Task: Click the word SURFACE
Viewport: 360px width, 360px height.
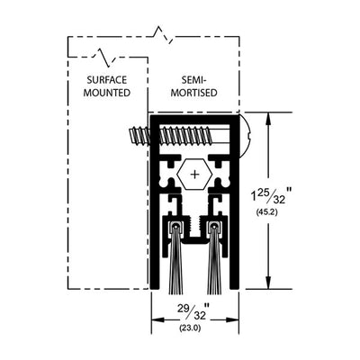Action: pyautogui.click(x=107, y=80)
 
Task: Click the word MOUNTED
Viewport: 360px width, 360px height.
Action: pyautogui.click(x=107, y=93)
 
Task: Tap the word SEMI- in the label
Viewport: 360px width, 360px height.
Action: pyautogui.click(x=193, y=80)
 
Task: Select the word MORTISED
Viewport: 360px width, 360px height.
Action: pyautogui.click(x=193, y=93)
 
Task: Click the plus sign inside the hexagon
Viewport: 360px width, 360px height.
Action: pyautogui.click(x=195, y=174)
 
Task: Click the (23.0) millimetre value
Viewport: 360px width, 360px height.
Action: pyautogui.click(x=190, y=328)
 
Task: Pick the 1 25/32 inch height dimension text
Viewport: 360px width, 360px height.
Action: pyautogui.click(x=271, y=195)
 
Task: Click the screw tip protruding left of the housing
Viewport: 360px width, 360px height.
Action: pyautogui.click(x=130, y=136)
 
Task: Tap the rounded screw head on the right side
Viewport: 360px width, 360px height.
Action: pyautogui.click(x=245, y=136)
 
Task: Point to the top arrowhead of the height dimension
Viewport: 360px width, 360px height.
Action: pyautogui.click(x=269, y=119)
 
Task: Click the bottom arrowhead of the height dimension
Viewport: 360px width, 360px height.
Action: pyautogui.click(x=269, y=283)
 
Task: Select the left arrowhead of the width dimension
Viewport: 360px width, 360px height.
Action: pyautogui.click(x=157, y=319)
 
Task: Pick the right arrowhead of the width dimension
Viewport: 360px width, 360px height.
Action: pyautogui.click(x=232, y=319)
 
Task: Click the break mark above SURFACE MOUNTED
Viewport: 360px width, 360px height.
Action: pyautogui.click(x=104, y=56)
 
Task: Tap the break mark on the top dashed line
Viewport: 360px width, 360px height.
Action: pyautogui.click(x=163, y=35)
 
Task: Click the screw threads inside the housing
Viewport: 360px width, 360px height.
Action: pyautogui.click(x=186, y=136)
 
